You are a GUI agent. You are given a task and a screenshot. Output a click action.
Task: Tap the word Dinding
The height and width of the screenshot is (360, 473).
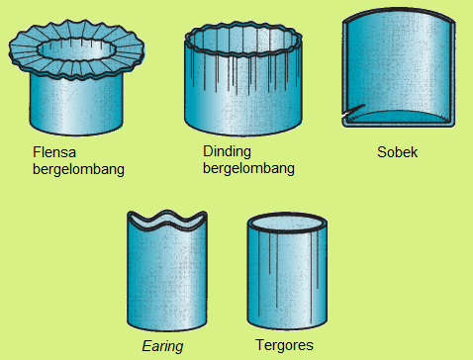(x=227, y=152)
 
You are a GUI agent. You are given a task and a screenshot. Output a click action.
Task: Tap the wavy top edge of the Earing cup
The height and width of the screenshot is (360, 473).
(x=167, y=220)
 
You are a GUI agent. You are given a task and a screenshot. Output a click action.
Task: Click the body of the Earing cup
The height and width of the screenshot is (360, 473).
(x=167, y=277)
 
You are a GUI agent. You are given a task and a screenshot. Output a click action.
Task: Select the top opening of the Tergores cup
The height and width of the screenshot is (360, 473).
(x=284, y=223)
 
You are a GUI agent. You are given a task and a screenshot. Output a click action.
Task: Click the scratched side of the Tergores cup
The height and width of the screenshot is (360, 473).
(x=284, y=282)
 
